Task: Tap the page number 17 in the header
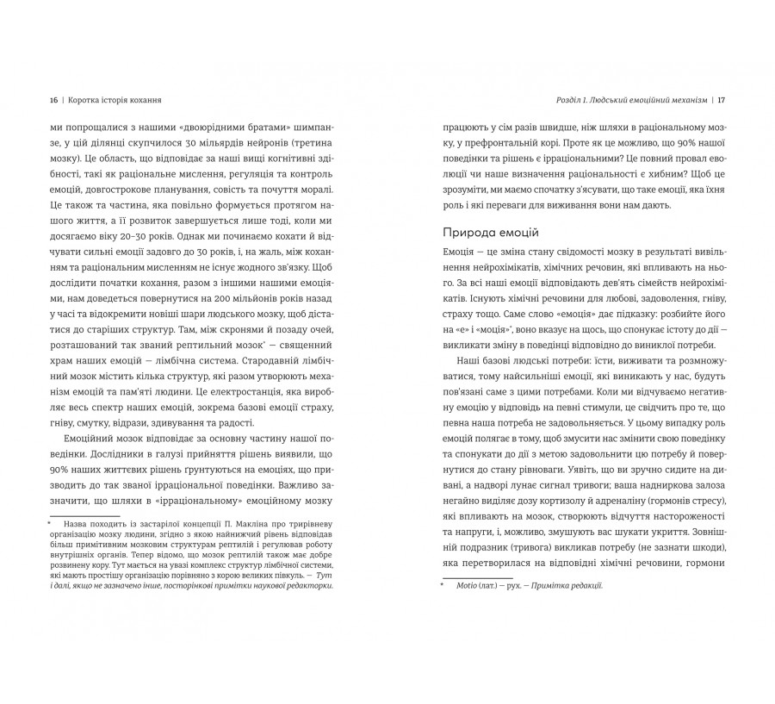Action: (722, 99)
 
